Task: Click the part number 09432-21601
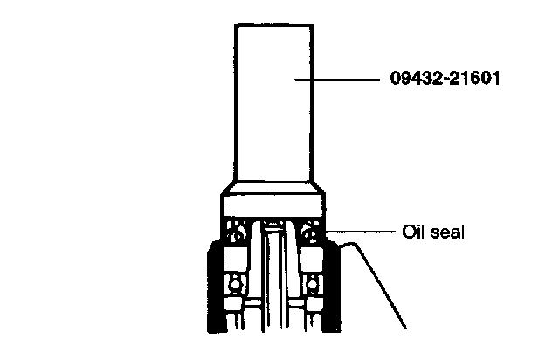click(x=445, y=80)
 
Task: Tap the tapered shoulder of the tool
click(x=272, y=189)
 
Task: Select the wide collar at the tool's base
click(x=272, y=206)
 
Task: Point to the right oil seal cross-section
click(x=311, y=233)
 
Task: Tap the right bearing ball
click(x=314, y=284)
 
